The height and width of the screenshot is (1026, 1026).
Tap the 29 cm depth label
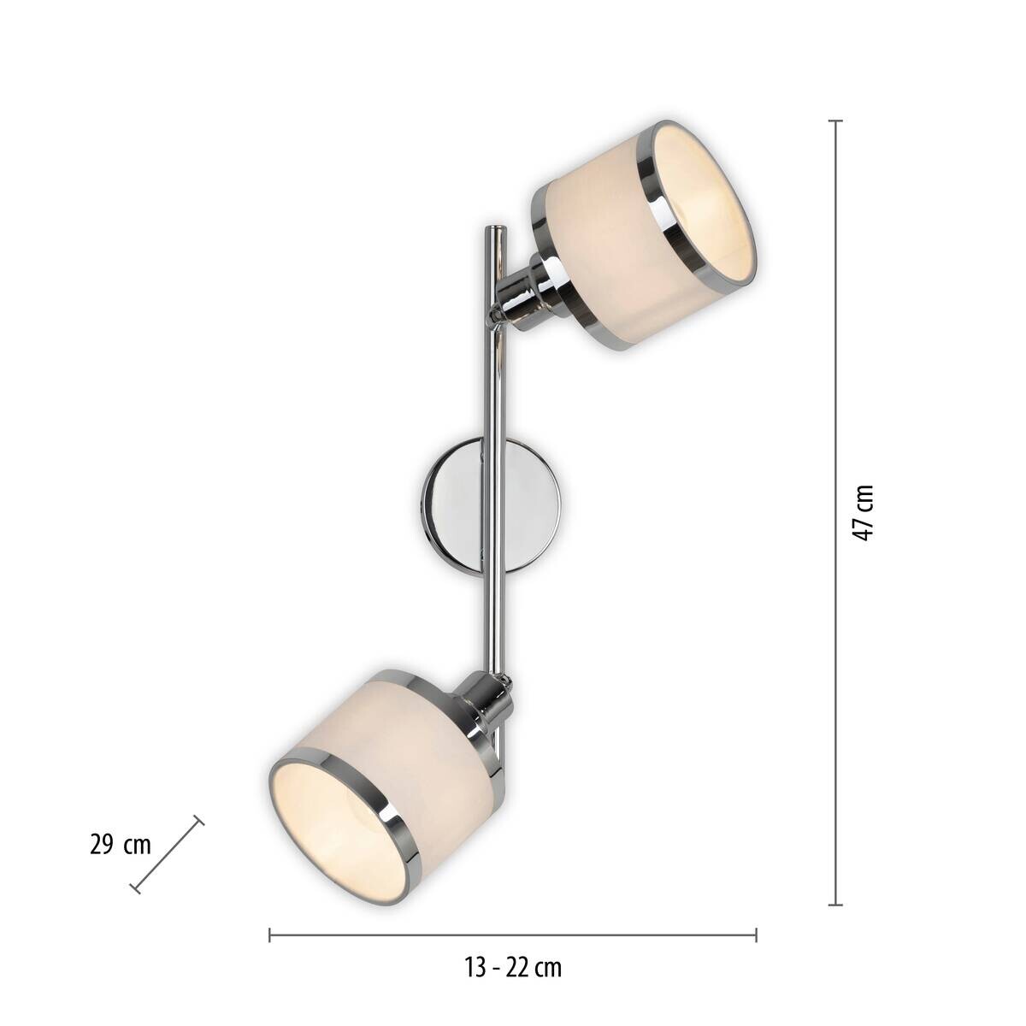(120, 846)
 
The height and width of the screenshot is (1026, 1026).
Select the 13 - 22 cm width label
(513, 968)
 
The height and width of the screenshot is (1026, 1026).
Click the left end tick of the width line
(270, 935)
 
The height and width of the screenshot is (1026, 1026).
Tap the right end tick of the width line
(756, 935)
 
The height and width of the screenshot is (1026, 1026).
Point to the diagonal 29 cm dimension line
(168, 855)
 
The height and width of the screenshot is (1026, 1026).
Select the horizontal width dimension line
(513, 935)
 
